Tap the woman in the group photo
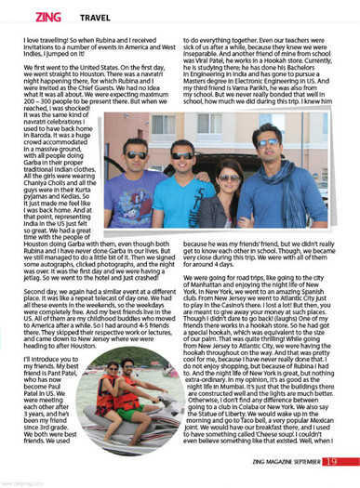point(225,190)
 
